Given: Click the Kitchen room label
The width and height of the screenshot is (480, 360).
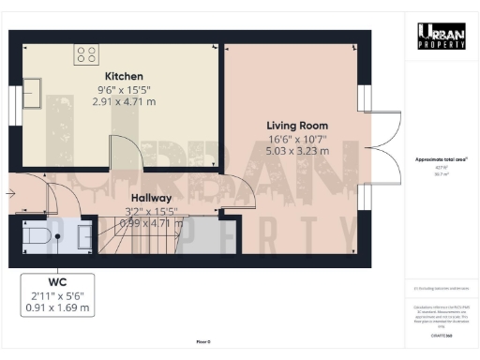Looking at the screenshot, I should point(123,76).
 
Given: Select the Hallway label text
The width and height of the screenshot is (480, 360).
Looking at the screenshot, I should point(150,198).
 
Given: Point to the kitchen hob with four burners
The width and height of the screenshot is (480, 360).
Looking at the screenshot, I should point(88,53).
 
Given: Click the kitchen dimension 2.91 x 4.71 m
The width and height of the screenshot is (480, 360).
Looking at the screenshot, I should point(123,101).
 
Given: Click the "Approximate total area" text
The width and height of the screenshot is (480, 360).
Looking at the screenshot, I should point(441,160).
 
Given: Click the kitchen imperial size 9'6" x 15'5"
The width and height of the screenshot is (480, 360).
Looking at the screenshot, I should point(123,90).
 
